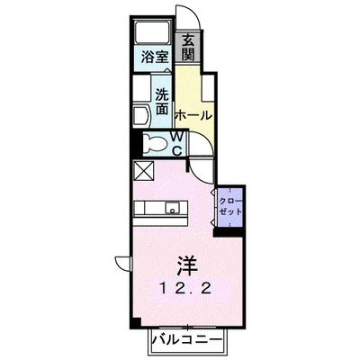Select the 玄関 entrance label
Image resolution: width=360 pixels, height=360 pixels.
[187, 47]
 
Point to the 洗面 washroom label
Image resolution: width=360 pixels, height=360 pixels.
[162, 100]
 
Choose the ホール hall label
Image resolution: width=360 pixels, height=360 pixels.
[193, 116]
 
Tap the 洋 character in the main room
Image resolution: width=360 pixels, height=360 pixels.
[186, 266]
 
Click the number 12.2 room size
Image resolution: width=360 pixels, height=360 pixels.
[186, 289]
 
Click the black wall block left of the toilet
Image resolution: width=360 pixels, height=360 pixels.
[135, 141]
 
